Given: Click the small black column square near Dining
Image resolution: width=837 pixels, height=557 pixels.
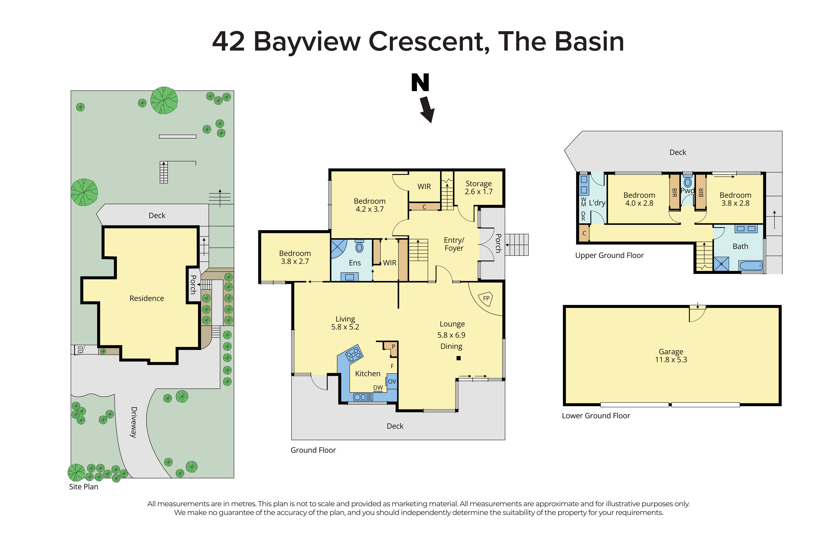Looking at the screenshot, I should click(458, 358).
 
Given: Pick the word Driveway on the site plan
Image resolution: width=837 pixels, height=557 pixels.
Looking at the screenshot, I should click(134, 422).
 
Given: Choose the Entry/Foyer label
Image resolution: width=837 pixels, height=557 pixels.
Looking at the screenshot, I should click(454, 244).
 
